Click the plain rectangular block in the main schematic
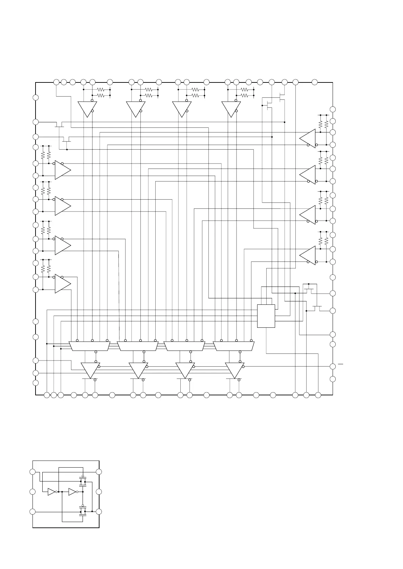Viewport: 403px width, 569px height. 266,316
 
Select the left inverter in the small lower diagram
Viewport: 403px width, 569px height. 51,492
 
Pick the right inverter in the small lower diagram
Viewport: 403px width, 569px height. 72,492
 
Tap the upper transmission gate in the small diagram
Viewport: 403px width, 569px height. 83,481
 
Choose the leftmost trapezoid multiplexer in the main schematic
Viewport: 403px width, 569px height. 89,346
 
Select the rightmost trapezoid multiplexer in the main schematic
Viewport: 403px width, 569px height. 233,346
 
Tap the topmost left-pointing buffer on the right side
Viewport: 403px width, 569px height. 308,138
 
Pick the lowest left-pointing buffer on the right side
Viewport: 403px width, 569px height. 308,255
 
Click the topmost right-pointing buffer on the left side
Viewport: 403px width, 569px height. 62,170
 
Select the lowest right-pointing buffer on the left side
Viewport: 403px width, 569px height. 62,283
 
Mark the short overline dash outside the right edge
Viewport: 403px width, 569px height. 340,364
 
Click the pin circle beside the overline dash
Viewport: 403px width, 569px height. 333,366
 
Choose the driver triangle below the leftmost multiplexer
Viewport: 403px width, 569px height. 90,370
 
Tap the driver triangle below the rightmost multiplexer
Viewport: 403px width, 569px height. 234,370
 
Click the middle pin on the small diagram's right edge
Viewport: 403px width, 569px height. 99,492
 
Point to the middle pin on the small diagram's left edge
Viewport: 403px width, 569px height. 32,492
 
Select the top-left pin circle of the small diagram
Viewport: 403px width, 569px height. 32,472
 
